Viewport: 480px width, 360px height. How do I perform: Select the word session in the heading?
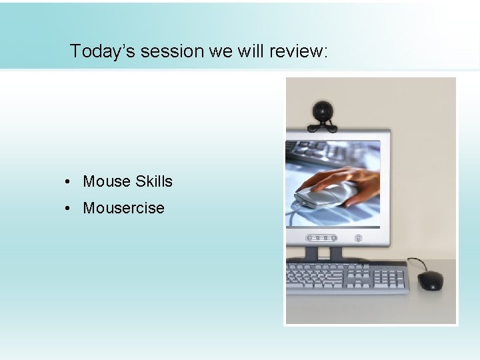pos(161,51)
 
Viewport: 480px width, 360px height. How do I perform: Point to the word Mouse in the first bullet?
pos(106,181)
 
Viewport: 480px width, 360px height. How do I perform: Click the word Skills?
pos(153,181)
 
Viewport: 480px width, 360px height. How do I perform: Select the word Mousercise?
pos(123,208)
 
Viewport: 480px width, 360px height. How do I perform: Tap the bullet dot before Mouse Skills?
pos(69,182)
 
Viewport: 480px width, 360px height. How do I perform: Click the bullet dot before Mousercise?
pos(69,209)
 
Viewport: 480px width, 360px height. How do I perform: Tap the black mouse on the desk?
pos(431,280)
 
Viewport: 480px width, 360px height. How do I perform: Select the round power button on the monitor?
pos(358,238)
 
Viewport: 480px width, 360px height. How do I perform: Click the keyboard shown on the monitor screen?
pos(313,157)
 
